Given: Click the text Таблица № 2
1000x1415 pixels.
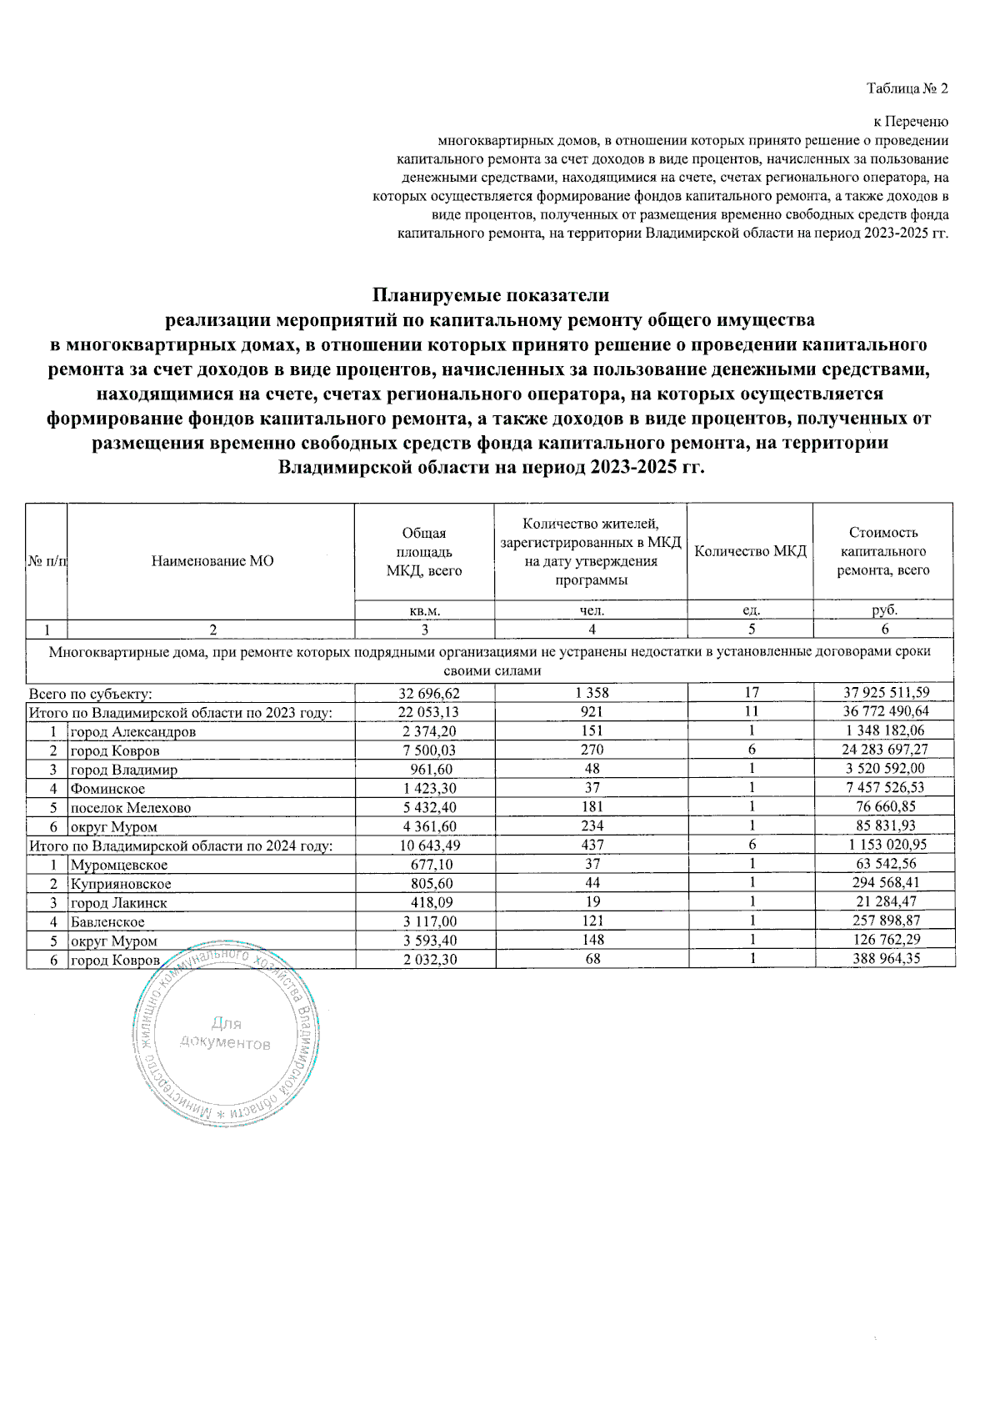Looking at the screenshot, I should (x=907, y=88).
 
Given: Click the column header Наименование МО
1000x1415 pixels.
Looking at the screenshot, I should (x=212, y=561).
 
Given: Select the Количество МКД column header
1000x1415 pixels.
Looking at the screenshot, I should (x=750, y=551).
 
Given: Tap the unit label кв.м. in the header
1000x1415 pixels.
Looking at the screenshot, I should (x=425, y=610).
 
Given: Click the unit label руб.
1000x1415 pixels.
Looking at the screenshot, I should (x=884, y=610).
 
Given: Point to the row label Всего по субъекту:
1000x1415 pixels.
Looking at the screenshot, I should (x=90, y=694).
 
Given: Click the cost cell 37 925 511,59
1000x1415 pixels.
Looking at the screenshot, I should (x=885, y=693).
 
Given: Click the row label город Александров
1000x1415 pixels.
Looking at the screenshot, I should (x=132, y=732).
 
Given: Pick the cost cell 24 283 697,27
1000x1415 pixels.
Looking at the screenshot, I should (x=885, y=750).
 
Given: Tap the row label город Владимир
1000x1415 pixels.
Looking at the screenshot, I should (x=123, y=770).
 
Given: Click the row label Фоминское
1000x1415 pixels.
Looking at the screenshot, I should (x=107, y=789).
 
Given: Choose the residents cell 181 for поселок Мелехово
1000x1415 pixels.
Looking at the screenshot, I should (x=592, y=807).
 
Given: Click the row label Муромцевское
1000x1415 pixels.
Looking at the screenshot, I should (x=119, y=865).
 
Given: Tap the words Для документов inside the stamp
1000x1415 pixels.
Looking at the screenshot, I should (x=226, y=1033).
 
